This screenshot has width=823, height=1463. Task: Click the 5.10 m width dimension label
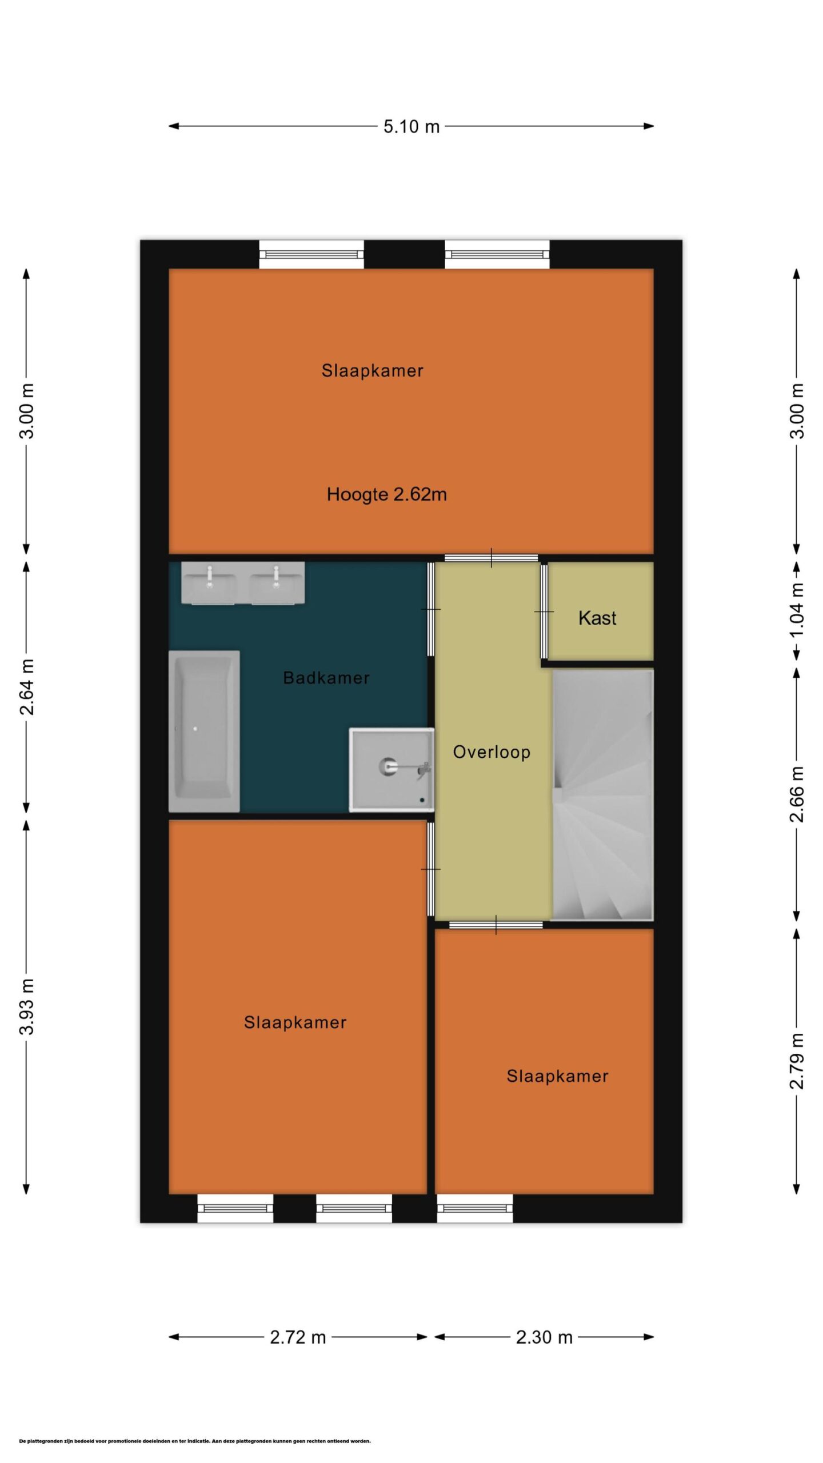click(411, 126)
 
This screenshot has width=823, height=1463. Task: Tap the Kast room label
click(597, 618)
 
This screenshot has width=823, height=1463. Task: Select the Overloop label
click(492, 752)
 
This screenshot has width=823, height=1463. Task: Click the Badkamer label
click(326, 678)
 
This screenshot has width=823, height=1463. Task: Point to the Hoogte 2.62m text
click(387, 494)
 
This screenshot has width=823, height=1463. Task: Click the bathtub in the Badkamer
click(204, 731)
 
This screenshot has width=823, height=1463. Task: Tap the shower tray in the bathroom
click(391, 770)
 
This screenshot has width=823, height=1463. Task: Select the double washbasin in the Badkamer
click(243, 583)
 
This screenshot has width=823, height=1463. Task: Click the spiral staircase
click(602, 795)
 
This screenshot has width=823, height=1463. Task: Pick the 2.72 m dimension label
click(298, 1337)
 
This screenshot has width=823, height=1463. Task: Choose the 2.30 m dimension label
click(544, 1337)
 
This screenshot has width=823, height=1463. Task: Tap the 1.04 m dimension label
click(797, 610)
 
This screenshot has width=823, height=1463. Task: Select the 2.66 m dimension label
click(797, 794)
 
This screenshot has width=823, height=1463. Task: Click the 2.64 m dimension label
click(27, 686)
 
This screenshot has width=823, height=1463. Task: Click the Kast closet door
click(544, 611)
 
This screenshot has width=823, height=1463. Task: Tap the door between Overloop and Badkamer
click(431, 609)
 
